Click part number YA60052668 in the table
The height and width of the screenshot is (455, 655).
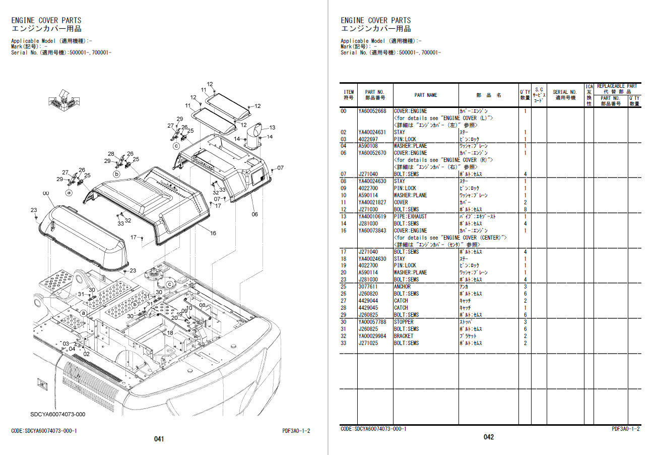pos(372,111)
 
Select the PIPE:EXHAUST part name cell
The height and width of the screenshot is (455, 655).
pos(410,217)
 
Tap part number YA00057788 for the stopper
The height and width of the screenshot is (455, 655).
pos(372,322)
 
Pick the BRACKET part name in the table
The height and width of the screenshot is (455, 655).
pos(404,336)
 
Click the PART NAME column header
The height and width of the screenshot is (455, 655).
pos(425,95)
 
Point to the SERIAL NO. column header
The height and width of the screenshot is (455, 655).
pos(565,92)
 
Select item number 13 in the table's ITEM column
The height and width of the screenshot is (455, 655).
pos(343,217)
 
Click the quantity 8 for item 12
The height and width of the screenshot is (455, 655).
pos(525,210)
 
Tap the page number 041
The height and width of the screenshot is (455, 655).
pos(159,439)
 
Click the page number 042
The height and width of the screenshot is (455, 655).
pos(489,437)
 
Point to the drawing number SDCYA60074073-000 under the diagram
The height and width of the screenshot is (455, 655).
pos(58,414)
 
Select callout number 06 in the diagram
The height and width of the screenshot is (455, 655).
pos(254,214)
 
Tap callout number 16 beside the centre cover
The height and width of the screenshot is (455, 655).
pos(213,234)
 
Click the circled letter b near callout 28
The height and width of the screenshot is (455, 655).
pos(117,174)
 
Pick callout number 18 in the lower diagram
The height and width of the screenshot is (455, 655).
pos(170,333)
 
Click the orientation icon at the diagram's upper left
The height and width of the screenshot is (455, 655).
pos(64,99)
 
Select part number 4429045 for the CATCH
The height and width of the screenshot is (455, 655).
pos(368,308)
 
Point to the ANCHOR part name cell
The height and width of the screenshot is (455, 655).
pos(402,287)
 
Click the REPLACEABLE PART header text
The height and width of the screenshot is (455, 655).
pos(617,86)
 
